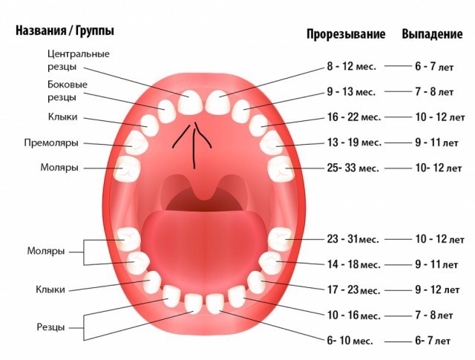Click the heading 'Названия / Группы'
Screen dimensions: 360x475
coord(65,31)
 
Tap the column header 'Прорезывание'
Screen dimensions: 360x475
coord(346,34)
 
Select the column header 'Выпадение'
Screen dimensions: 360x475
coord(433,34)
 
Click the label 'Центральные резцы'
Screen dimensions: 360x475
coord(78,59)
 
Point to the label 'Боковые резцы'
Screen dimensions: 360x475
coord(67,91)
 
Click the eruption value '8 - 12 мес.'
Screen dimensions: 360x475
coord(352,66)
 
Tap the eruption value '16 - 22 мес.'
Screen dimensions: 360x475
coord(354,117)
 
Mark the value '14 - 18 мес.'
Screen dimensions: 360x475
coord(353,264)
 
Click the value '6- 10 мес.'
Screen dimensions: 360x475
coord(350,340)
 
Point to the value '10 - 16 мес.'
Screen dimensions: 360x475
coord(353,315)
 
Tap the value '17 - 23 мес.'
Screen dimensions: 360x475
coord(353,290)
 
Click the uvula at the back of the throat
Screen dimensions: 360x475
coord(200,189)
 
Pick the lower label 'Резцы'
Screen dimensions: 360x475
coord(50,327)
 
